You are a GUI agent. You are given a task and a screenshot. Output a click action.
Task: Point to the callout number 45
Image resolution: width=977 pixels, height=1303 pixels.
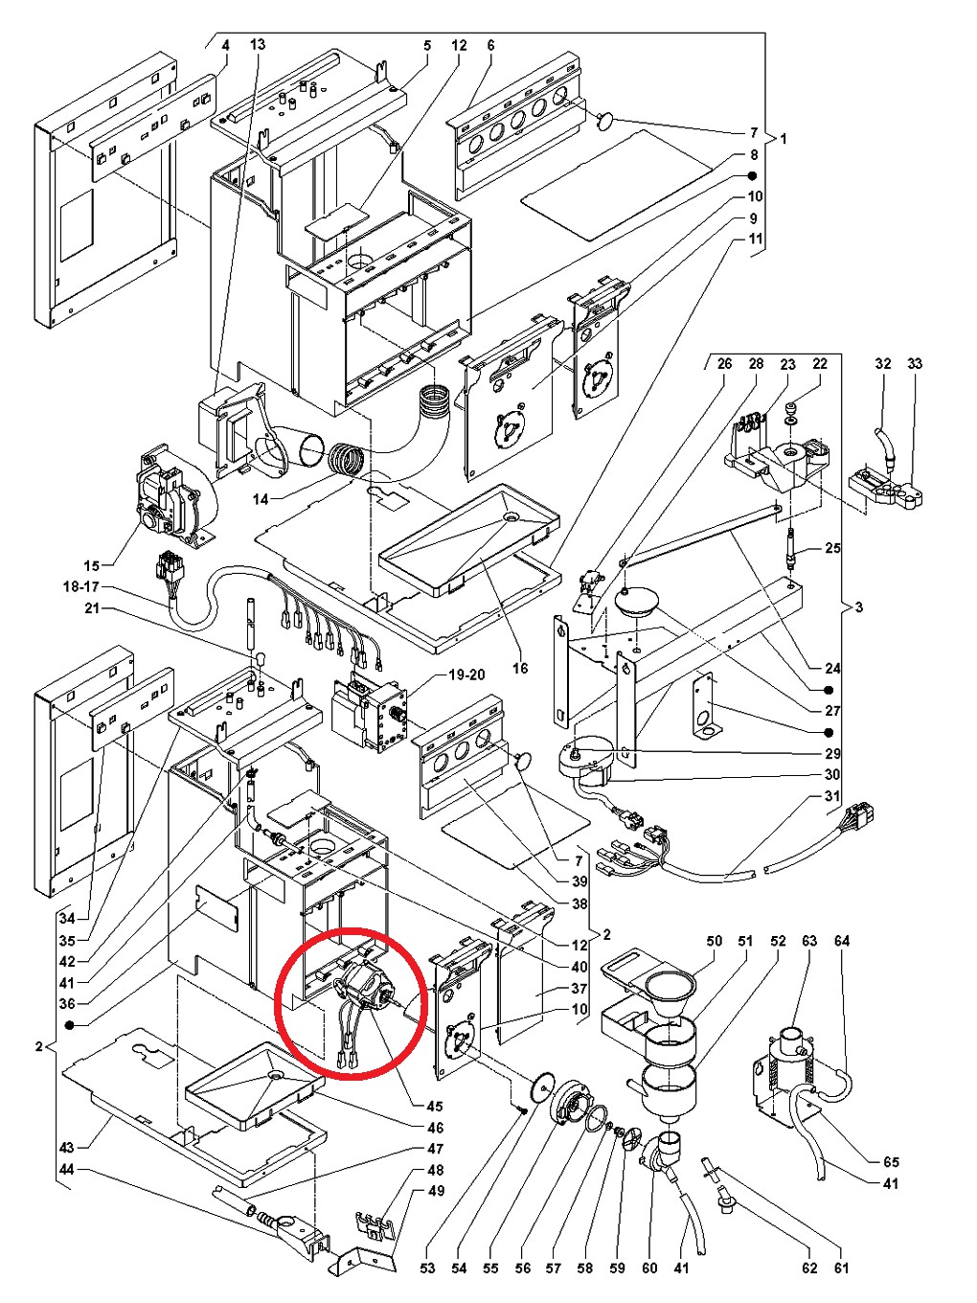(435, 1107)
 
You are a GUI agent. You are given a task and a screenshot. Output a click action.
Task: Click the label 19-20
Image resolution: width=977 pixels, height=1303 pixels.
(466, 674)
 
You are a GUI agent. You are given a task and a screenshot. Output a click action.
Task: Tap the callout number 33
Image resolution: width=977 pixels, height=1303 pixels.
(915, 364)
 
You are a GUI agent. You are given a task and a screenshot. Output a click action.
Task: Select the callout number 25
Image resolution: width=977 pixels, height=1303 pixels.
(832, 548)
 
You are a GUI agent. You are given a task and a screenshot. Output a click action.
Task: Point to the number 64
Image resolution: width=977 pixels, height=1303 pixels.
(842, 941)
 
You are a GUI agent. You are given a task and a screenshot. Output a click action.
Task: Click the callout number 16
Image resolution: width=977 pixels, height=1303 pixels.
(519, 668)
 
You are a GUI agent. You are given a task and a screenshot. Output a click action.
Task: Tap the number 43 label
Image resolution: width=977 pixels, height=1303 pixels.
(66, 1147)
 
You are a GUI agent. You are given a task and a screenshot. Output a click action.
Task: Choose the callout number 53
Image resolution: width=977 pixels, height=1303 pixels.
(427, 1269)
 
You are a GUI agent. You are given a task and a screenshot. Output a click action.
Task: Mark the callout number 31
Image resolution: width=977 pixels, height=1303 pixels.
(831, 798)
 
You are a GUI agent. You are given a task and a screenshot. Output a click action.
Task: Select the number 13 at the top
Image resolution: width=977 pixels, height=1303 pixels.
(258, 45)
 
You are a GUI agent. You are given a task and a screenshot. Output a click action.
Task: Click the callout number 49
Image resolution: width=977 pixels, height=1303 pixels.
(436, 1192)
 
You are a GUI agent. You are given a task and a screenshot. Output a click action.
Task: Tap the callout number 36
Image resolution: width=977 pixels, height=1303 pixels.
(66, 1004)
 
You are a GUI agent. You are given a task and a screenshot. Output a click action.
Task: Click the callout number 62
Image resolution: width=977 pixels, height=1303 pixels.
(809, 1269)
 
